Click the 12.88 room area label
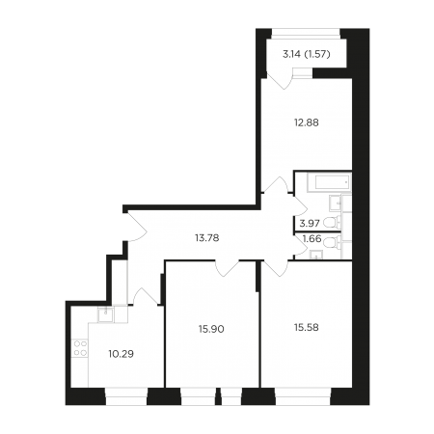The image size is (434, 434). point(307,122)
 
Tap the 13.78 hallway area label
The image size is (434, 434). point(206,238)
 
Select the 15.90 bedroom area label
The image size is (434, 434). point(211,329)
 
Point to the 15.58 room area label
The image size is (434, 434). point(307,327)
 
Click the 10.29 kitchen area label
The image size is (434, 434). point(121,354)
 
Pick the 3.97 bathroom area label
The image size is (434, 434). point(310,223)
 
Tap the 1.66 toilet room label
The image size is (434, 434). point(312,238)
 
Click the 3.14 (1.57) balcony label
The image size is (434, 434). point(307,54)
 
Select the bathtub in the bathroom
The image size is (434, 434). point(329,182)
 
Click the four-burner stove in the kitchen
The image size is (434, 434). point(80,348)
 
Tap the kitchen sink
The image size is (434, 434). point(105,314)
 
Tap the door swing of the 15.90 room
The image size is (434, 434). point(228,269)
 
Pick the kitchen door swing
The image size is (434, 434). point(145,296)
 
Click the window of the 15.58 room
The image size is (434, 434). point(303,396)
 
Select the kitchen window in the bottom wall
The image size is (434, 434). point(126,396)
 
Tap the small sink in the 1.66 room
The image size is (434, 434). point(317,255)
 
